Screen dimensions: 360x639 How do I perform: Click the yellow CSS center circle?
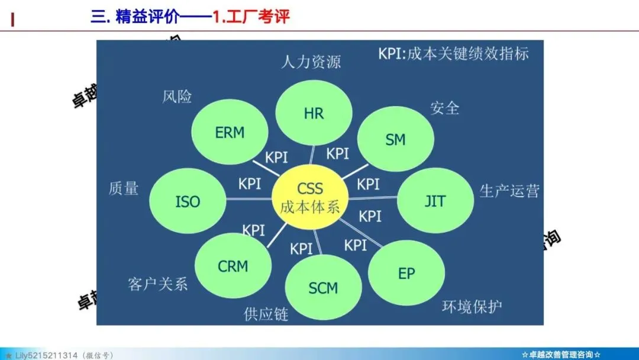[310, 197]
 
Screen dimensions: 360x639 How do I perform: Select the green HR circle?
[314, 112]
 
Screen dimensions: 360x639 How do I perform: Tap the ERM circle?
[230, 132]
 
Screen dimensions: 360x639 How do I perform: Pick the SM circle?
[395, 140]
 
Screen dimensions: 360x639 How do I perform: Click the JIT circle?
[435, 200]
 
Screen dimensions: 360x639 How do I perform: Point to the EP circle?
[406, 273]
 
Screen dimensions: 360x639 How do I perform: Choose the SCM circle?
[323, 288]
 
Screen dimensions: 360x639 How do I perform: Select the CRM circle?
[233, 266]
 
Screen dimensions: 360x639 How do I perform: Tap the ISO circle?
[188, 201]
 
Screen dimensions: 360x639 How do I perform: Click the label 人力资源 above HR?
[311, 62]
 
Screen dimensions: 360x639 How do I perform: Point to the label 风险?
[177, 96]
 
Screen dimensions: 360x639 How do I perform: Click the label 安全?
[444, 108]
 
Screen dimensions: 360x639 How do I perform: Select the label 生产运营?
[509, 191]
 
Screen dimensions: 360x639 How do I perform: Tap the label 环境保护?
[472, 307]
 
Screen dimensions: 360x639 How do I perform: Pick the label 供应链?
[266, 314]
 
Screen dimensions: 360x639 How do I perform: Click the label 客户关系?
[157, 284]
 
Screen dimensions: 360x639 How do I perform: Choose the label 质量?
[124, 188]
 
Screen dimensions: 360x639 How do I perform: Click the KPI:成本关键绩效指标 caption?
[453, 54]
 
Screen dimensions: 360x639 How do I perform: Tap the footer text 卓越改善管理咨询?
[561, 354]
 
